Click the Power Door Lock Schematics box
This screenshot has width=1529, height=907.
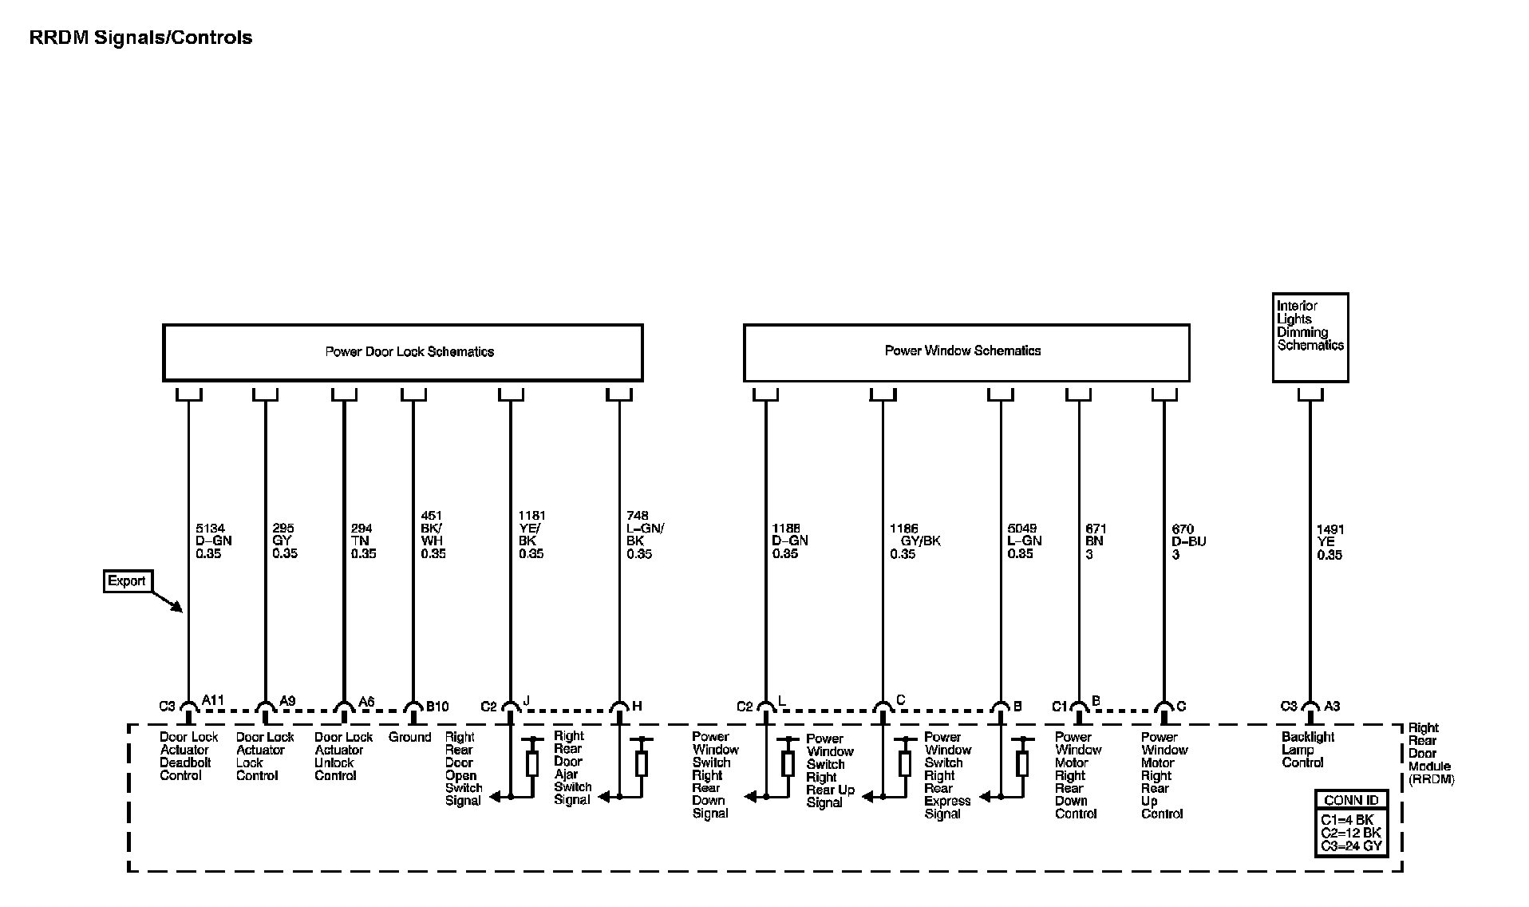tap(402, 352)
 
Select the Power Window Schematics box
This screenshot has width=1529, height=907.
tap(966, 351)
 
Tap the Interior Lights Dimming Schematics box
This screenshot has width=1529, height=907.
tap(1310, 337)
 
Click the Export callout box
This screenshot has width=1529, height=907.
tap(128, 580)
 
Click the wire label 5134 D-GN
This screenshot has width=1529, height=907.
tap(214, 541)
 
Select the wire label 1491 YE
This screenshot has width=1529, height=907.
tap(1329, 542)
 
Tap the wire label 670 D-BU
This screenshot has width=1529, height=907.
tap(1188, 541)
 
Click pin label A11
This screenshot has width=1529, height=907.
tap(213, 700)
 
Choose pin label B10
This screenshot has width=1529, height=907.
tap(437, 706)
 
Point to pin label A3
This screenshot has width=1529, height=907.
tap(1332, 706)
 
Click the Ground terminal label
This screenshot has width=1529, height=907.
tap(409, 737)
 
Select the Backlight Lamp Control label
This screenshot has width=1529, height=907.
tap(1308, 750)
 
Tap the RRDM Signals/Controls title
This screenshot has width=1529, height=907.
tap(140, 38)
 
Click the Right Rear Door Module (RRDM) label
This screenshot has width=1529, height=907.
tap(1429, 753)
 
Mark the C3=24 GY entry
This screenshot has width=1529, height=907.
tap(1351, 846)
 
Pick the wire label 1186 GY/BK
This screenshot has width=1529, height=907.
tap(915, 541)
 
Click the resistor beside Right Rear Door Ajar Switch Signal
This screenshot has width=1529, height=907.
tap(641, 763)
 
